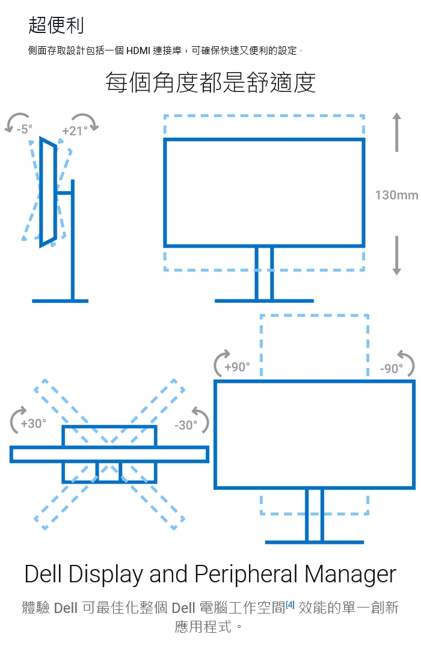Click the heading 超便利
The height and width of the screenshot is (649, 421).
56,25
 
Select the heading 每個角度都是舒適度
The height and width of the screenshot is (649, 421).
210,82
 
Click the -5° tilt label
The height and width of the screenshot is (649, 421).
25,129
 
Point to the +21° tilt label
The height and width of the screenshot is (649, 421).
75,130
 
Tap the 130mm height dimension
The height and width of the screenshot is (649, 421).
396,195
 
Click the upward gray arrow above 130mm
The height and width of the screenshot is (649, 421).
396,132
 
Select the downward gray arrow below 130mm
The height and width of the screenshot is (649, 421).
396,255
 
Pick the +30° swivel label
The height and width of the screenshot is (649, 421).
33,423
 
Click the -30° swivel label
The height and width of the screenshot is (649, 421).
185,425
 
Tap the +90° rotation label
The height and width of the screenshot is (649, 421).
236,367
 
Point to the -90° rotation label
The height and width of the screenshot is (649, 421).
392,368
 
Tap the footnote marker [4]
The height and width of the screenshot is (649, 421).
290,605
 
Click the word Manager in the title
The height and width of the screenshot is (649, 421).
351,574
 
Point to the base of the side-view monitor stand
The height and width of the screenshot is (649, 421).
60,300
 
